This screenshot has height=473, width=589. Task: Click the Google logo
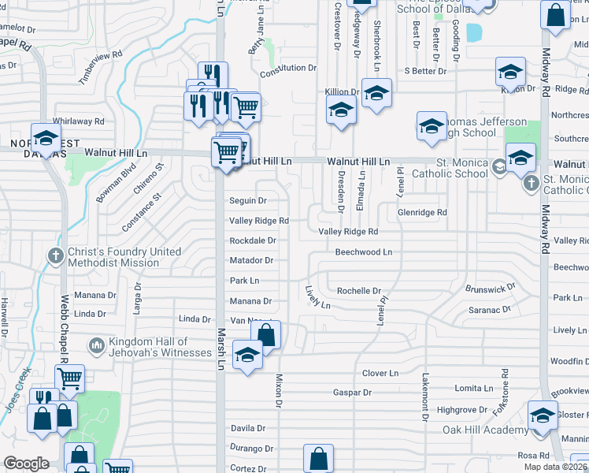pyautogui.click(x=27, y=464)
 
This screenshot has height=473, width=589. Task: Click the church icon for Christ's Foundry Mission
pyautogui.click(x=55, y=255)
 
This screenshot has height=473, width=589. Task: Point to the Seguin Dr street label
pyautogui.click(x=248, y=201)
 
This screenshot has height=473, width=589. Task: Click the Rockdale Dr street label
pyautogui.click(x=252, y=240)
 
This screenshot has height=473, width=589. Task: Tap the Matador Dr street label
pyautogui.click(x=251, y=260)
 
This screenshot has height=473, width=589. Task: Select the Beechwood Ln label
pyautogui.click(x=363, y=252)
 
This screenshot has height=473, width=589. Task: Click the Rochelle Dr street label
pyautogui.click(x=358, y=291)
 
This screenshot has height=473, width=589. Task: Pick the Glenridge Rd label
pyautogui.click(x=422, y=212)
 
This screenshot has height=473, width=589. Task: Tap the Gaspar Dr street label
pyautogui.click(x=352, y=392)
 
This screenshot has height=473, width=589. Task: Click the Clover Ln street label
pyautogui.click(x=380, y=373)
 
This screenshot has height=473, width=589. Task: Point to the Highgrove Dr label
pyautogui.click(x=462, y=410)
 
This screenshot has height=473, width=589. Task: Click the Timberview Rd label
pyautogui.click(x=102, y=68)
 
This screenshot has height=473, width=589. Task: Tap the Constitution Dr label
pyautogui.click(x=287, y=69)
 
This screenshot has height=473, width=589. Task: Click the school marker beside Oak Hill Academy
pyautogui.click(x=543, y=416)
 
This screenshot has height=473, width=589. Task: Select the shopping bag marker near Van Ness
pyautogui.click(x=267, y=334)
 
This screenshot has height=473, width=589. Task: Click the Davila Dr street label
pyautogui.click(x=246, y=429)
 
